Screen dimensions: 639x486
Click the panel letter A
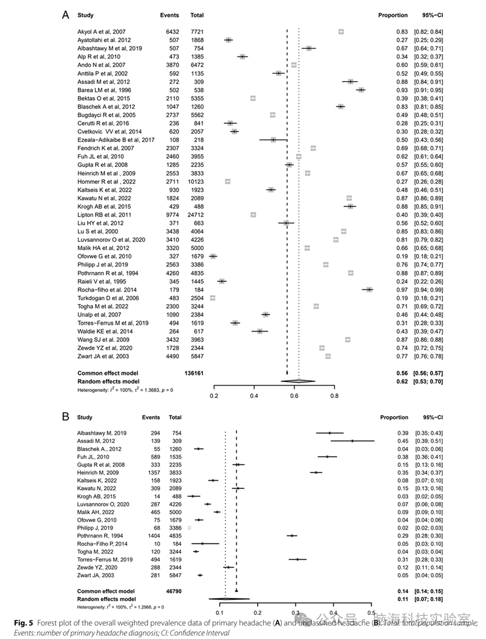click(65, 15)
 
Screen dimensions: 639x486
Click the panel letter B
click(65, 417)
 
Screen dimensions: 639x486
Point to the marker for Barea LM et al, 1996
click(361, 90)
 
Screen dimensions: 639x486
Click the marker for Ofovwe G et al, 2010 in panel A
click(213, 256)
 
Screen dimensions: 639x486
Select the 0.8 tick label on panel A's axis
click(335, 395)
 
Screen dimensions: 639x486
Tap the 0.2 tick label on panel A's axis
click(214, 395)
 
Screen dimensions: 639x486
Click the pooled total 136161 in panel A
click(193, 373)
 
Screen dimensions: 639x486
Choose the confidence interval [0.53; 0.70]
click(428, 381)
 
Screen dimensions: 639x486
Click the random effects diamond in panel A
click(299, 381)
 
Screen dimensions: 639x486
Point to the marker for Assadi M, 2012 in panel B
click(352, 441)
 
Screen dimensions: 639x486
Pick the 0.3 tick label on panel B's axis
click(295, 612)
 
